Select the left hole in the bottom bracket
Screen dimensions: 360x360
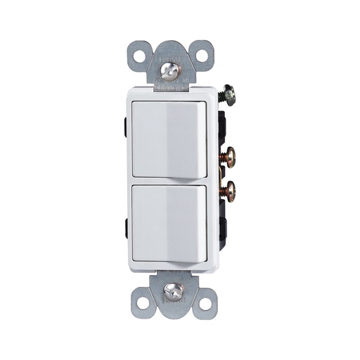pos(143,303)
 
